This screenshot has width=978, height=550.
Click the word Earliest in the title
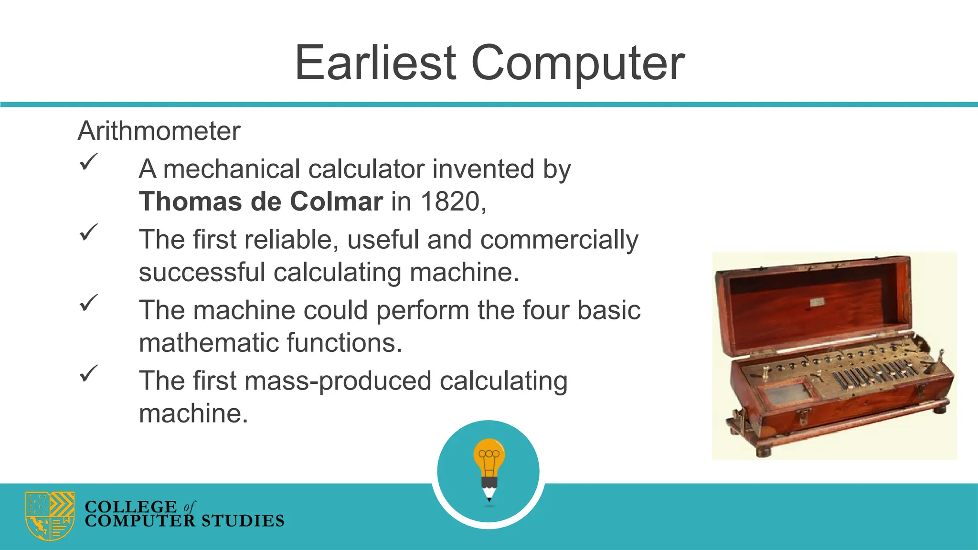tap(376, 63)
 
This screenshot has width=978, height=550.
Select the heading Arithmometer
tap(159, 131)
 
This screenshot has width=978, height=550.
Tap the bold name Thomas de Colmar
tap(261, 201)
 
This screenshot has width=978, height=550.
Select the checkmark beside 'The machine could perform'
tap(88, 303)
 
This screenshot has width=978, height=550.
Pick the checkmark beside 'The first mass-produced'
tap(88, 373)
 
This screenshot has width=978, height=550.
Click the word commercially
tap(559, 240)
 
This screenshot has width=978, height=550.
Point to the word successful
tap(202, 272)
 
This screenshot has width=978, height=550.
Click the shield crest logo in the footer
tap(50, 516)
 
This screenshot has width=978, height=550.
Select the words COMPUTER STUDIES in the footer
tap(184, 521)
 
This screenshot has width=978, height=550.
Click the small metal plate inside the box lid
tap(817, 302)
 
